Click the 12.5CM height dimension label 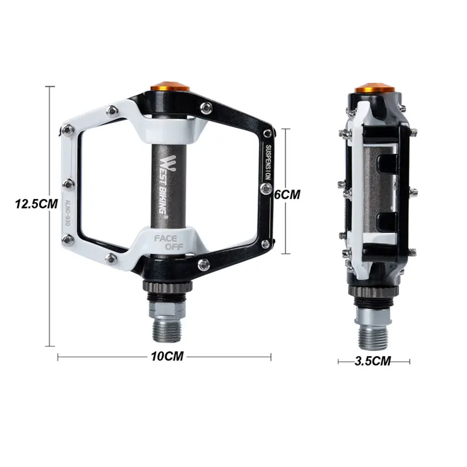click(x=36, y=204)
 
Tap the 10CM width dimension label click(x=168, y=356)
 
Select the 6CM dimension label click(x=287, y=194)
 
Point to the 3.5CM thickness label click(x=372, y=361)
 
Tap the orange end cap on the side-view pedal click(x=375, y=88)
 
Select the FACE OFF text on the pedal click(x=169, y=242)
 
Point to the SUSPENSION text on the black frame click(x=268, y=163)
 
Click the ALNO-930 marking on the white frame click(x=67, y=213)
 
